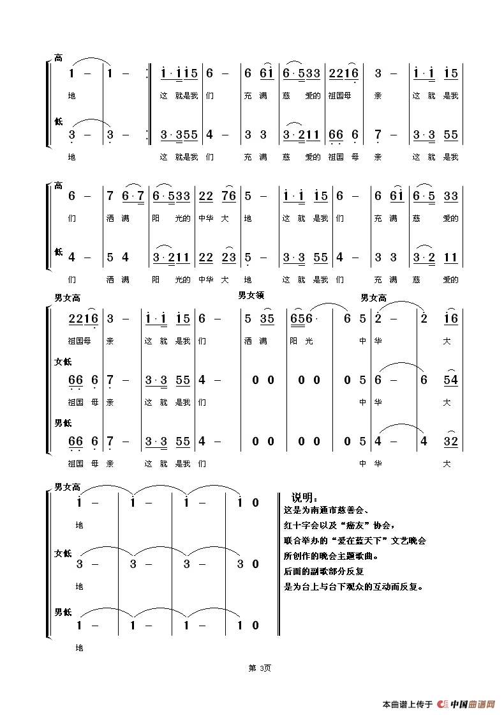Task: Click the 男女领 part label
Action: (251, 295)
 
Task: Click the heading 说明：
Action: (304, 498)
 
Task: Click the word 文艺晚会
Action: (410, 541)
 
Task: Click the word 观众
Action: (353, 587)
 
